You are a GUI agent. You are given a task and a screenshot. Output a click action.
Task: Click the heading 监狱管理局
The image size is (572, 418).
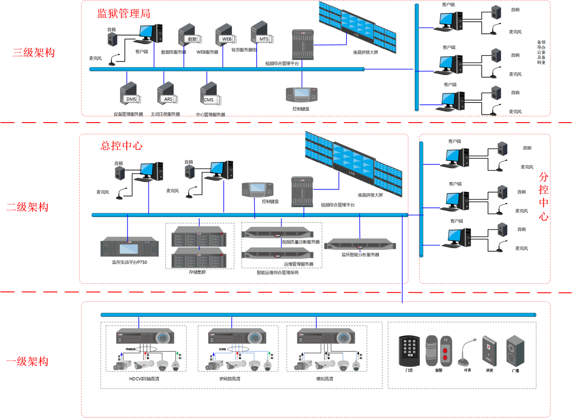(x=124, y=14)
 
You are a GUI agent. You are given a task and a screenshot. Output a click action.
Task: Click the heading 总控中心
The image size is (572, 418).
(x=122, y=146)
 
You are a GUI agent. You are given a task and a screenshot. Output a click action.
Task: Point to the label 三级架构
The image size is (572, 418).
(x=34, y=53)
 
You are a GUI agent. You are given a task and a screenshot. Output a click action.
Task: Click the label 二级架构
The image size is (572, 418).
(x=27, y=207)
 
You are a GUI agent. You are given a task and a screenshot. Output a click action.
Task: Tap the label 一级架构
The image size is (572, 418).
(x=27, y=361)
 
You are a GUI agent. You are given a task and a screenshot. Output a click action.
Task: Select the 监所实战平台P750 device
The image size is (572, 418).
(x=129, y=248)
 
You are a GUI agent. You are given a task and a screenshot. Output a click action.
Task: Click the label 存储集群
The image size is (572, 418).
(x=197, y=272)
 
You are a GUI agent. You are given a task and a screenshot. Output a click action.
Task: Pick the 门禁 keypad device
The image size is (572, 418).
(x=409, y=351)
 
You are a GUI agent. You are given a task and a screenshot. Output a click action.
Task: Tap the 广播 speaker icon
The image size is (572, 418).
(x=515, y=351)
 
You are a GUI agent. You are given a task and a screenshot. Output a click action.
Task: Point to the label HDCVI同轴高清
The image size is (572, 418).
(x=144, y=379)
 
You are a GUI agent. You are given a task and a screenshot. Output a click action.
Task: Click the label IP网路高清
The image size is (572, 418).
(x=230, y=379)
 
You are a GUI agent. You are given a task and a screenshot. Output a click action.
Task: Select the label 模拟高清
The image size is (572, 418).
(x=324, y=379)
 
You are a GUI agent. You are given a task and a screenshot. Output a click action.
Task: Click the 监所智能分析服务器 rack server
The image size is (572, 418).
(x=360, y=245)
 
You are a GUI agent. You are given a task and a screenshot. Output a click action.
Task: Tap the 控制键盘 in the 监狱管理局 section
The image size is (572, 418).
(x=302, y=94)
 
